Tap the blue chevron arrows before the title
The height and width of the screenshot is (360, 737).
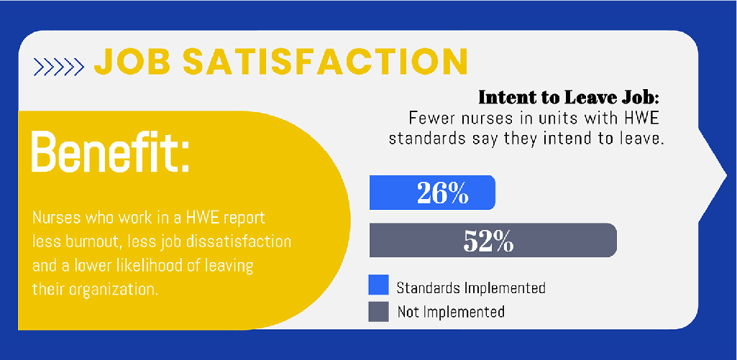pos(60,67)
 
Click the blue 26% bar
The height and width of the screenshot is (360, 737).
pos(432,193)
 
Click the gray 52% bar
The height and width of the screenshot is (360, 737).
pos(493,240)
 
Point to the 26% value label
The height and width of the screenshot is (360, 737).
pos(443,193)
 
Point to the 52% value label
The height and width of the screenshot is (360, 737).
pos(488,241)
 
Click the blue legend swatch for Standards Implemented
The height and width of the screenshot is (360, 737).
pos(378,285)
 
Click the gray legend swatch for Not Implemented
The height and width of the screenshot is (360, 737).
pos(378,310)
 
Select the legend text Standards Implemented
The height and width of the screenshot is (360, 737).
pos(471,287)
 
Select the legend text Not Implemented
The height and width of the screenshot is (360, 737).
pos(451,312)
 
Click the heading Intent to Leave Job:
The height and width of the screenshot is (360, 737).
pos(569,98)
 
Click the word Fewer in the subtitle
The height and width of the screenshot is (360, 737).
pos(431,118)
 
